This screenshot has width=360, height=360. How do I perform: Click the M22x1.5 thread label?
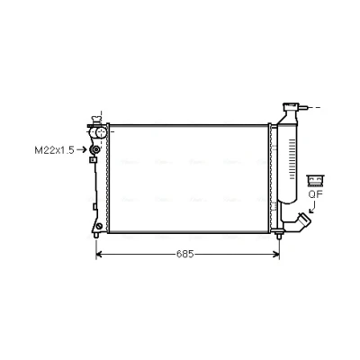[x=54, y=150]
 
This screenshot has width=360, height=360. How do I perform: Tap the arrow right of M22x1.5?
[x=82, y=149]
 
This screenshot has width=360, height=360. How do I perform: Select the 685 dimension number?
[x=184, y=254]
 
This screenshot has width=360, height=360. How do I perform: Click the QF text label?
[x=315, y=194]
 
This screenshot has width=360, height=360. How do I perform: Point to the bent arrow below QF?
[x=312, y=207]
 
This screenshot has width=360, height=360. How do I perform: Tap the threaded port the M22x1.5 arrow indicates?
[x=95, y=149]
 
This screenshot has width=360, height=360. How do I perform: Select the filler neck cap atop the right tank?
[x=291, y=106]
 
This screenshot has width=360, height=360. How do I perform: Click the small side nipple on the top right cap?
[x=303, y=107]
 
